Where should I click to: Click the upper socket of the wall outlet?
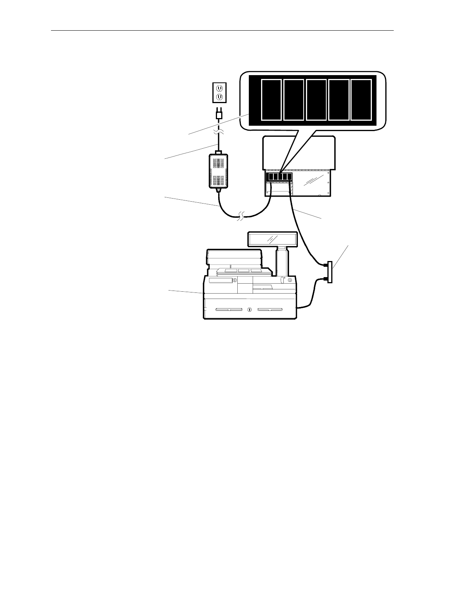tap(220, 88)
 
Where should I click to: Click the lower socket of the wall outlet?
tap(220, 97)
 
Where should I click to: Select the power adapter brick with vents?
tap(218, 171)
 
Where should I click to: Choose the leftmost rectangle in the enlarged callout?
tap(271, 100)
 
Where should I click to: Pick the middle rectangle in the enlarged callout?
tap(316, 100)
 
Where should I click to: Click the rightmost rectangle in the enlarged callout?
tap(362, 100)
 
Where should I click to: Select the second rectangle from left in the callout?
tap(294, 100)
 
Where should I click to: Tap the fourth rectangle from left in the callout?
tap(339, 100)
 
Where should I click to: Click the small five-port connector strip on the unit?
tap(279, 177)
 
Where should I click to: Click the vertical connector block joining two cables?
tap(330, 272)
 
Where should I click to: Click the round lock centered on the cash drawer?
tap(250, 309)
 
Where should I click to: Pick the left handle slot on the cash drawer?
tap(228, 309)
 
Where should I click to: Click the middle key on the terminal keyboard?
tap(244, 271)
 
